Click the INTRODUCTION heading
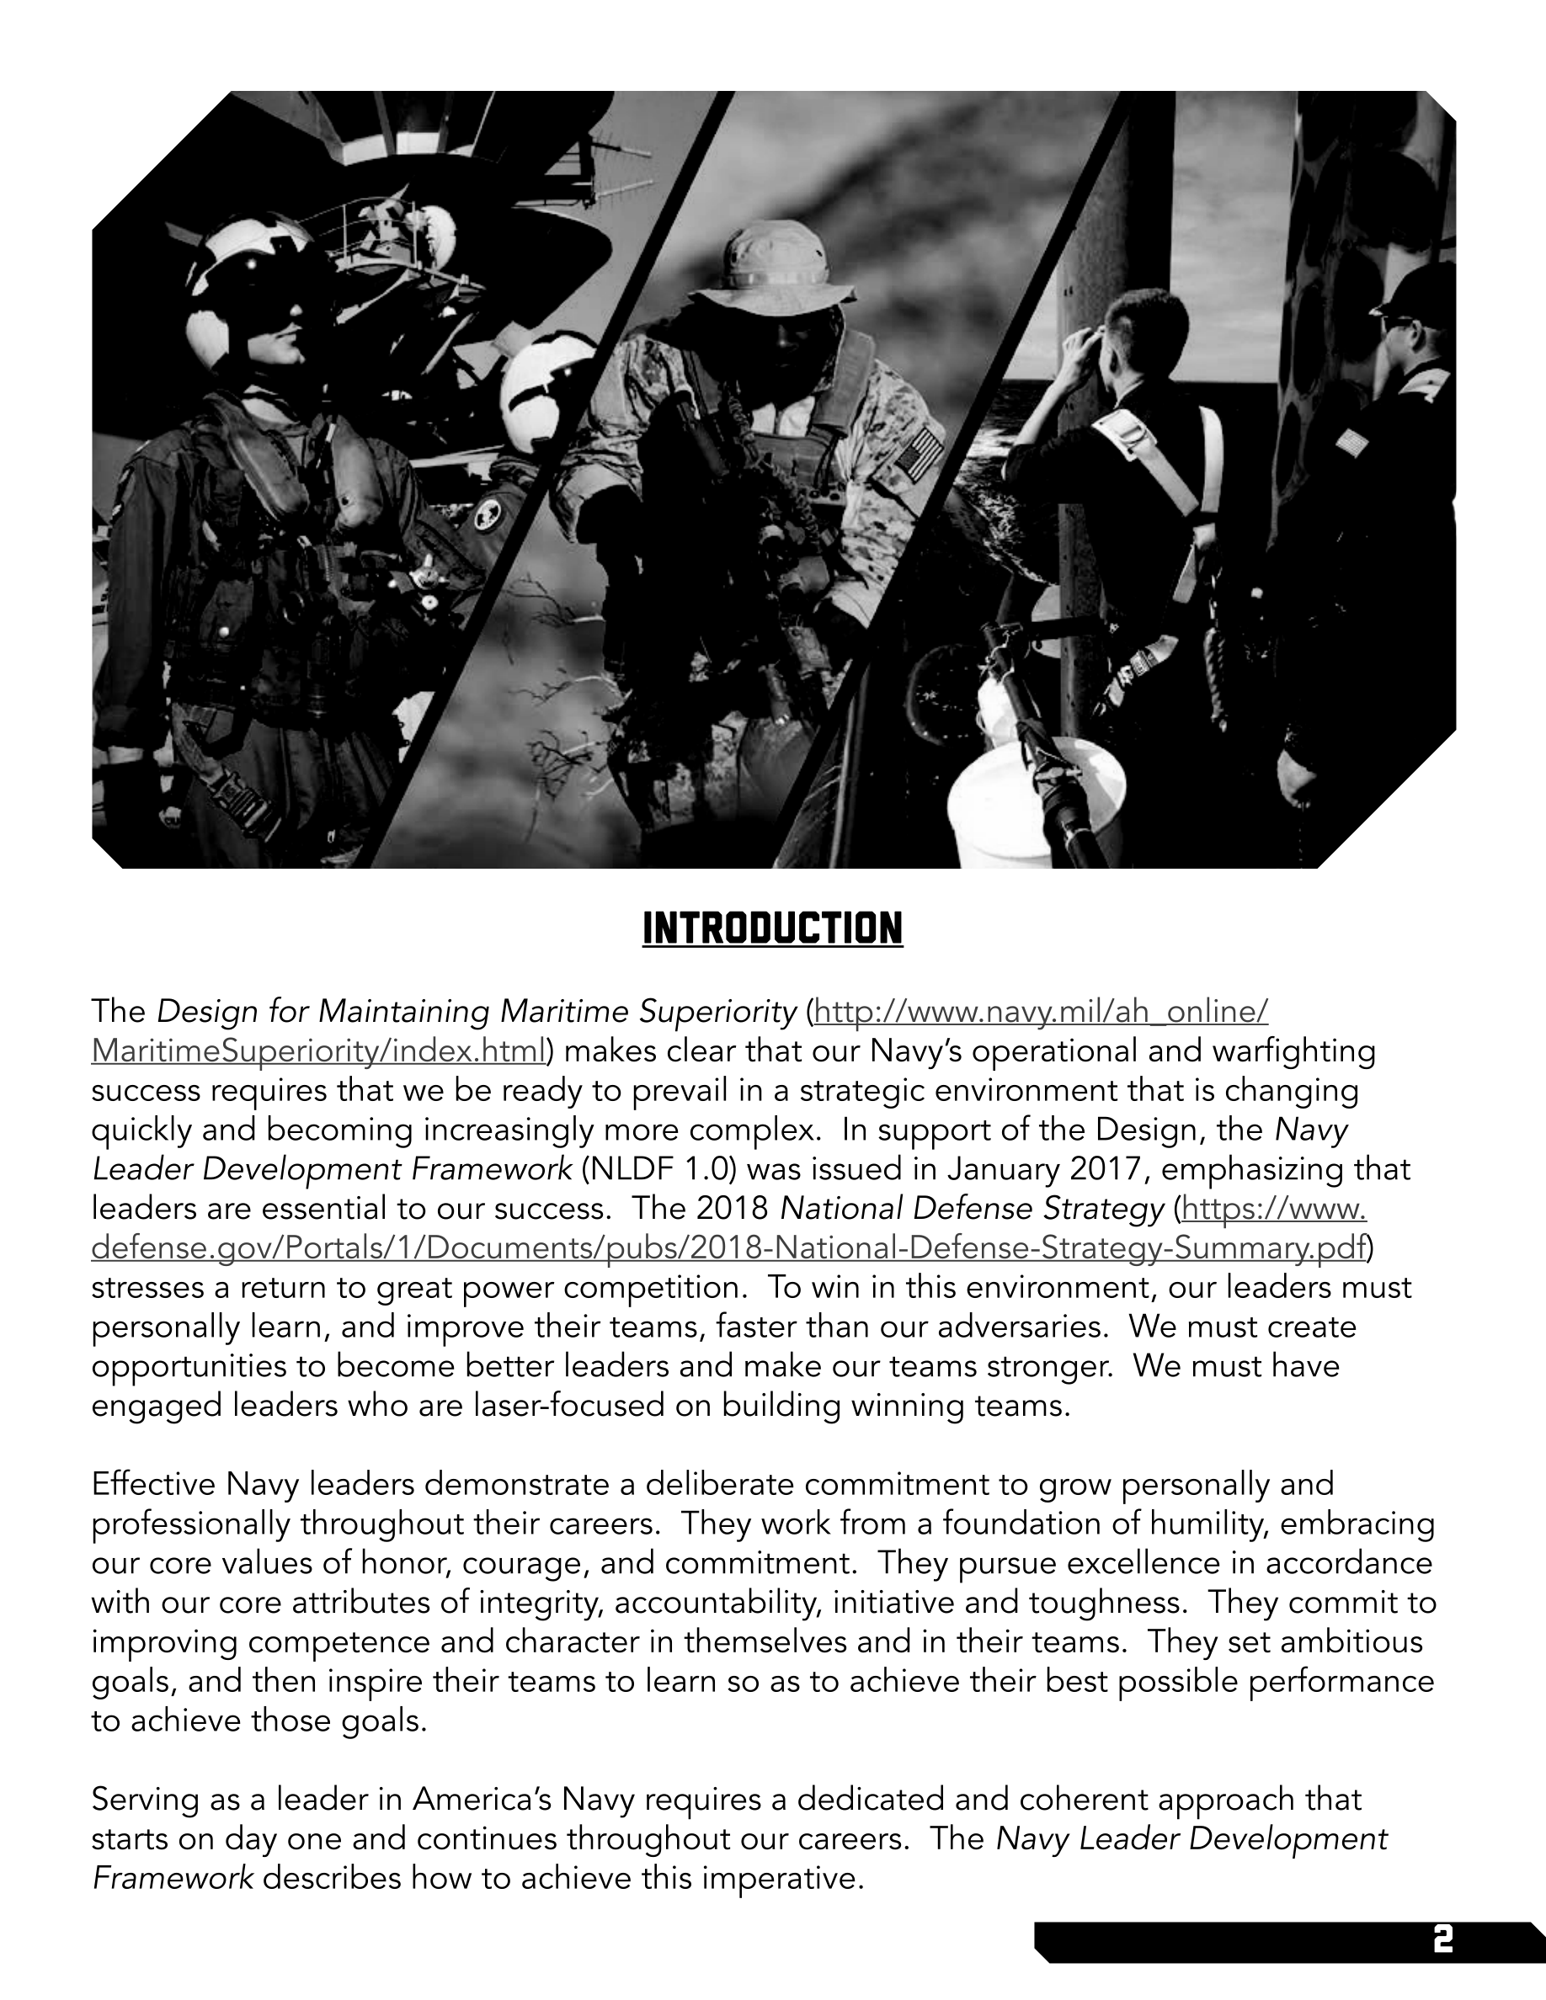(x=772, y=928)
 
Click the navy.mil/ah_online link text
(x=1041, y=1012)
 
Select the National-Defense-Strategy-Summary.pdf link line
(x=729, y=1248)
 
